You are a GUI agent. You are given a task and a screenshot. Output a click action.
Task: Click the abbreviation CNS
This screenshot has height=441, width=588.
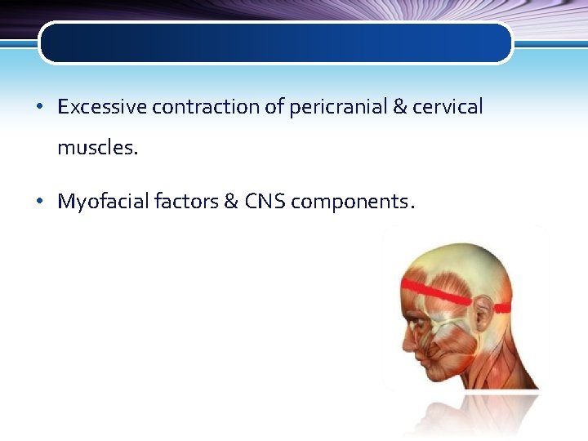coord(265,202)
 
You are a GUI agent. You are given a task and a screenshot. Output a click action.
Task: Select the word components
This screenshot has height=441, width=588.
coord(351,202)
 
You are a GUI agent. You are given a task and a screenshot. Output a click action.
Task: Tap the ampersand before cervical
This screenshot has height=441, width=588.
coord(401,107)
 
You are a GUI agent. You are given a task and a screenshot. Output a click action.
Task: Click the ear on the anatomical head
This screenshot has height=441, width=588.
coord(483,314)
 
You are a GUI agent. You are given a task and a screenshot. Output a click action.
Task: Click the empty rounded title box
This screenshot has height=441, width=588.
coord(276,42)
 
